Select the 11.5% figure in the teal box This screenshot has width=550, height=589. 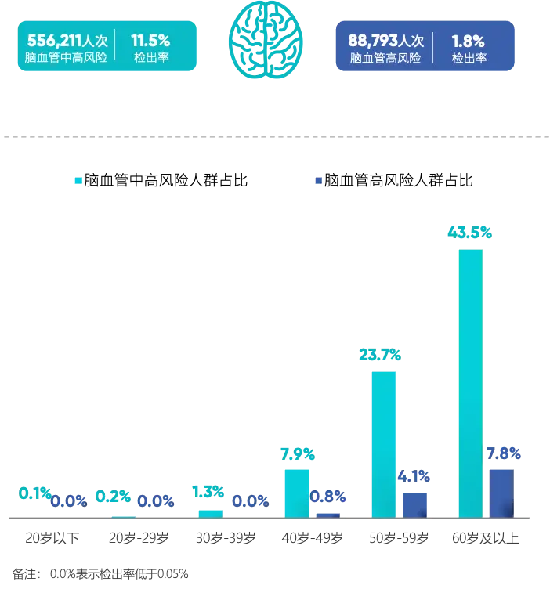[150, 41]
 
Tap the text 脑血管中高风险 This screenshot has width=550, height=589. [64, 58]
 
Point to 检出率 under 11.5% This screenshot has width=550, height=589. [150, 58]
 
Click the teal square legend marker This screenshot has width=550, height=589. [76, 181]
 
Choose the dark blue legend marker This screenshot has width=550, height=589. [318, 181]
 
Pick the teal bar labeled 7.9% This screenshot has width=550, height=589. [296, 492]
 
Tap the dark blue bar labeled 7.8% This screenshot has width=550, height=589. [501, 492]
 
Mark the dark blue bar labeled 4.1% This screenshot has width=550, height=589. [415, 503]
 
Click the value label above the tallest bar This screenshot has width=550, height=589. [469, 233]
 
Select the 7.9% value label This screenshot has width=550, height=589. [297, 453]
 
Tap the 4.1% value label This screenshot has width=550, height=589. [414, 475]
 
